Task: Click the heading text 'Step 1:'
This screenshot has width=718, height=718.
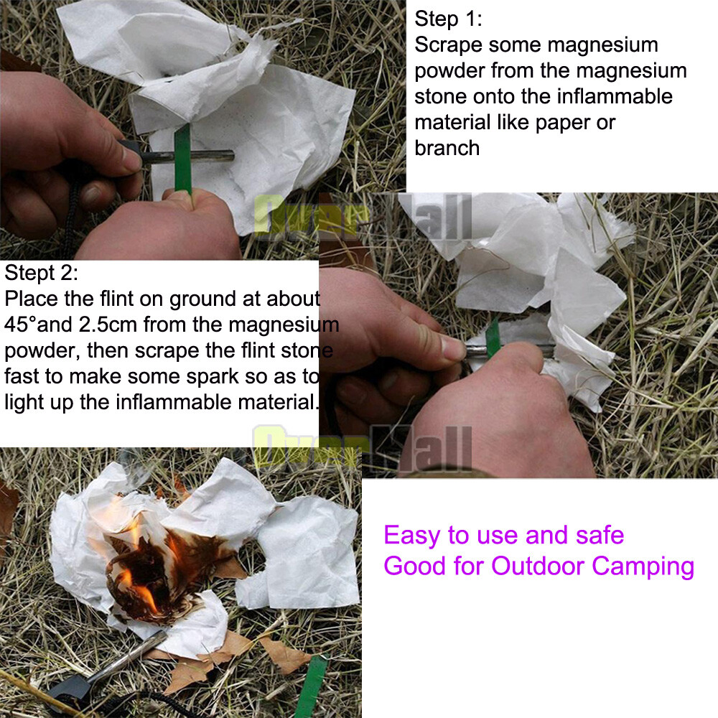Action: tap(448, 19)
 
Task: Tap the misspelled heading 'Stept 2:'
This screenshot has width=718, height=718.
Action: tap(41, 274)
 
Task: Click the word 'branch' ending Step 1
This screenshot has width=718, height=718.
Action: tap(447, 149)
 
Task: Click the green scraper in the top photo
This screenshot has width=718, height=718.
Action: tap(182, 158)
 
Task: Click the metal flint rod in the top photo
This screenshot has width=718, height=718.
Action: tap(192, 157)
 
